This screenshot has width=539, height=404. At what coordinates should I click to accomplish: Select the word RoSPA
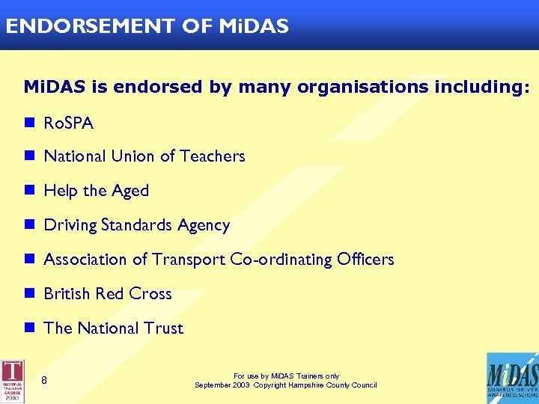(x=69, y=123)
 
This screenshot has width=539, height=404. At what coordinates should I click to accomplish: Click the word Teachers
(x=212, y=156)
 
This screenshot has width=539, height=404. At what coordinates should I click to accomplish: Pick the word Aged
(x=130, y=192)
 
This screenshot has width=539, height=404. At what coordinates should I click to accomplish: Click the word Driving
(x=70, y=226)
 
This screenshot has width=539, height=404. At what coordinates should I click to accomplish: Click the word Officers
(x=365, y=260)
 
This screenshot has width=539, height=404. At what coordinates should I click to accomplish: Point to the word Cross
(x=150, y=294)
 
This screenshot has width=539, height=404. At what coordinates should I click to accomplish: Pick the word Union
(x=133, y=156)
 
